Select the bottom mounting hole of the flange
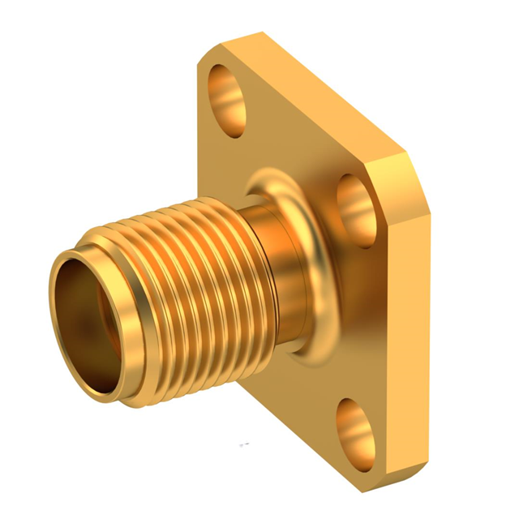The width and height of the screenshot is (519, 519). tap(354, 422)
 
